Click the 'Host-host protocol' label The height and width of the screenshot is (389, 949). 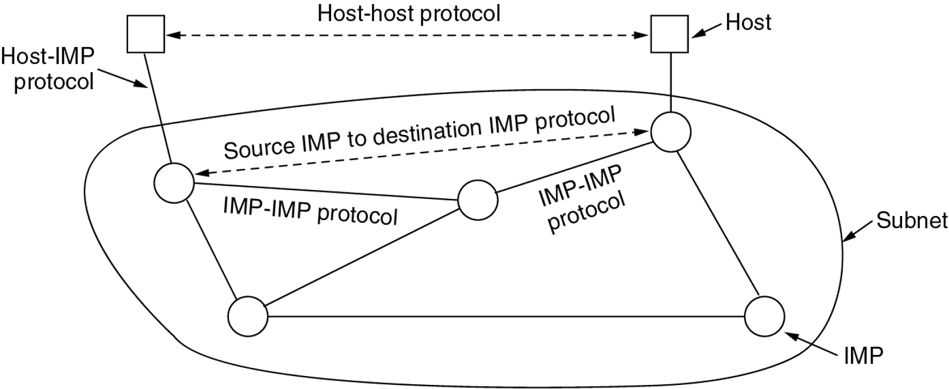click(x=409, y=13)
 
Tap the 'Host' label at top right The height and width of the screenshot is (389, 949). click(x=748, y=22)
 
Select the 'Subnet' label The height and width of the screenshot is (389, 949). click(x=911, y=221)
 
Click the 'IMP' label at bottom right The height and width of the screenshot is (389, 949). click(x=863, y=356)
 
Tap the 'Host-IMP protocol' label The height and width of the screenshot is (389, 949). click(x=48, y=69)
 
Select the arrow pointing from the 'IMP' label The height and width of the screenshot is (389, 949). click(x=811, y=343)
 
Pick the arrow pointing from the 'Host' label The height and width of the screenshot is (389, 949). click(x=707, y=31)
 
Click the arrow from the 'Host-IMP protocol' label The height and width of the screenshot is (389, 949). click(x=123, y=79)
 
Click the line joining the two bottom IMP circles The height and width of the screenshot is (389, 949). click(x=506, y=316)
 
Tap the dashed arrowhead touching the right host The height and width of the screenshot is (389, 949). click(x=641, y=35)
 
